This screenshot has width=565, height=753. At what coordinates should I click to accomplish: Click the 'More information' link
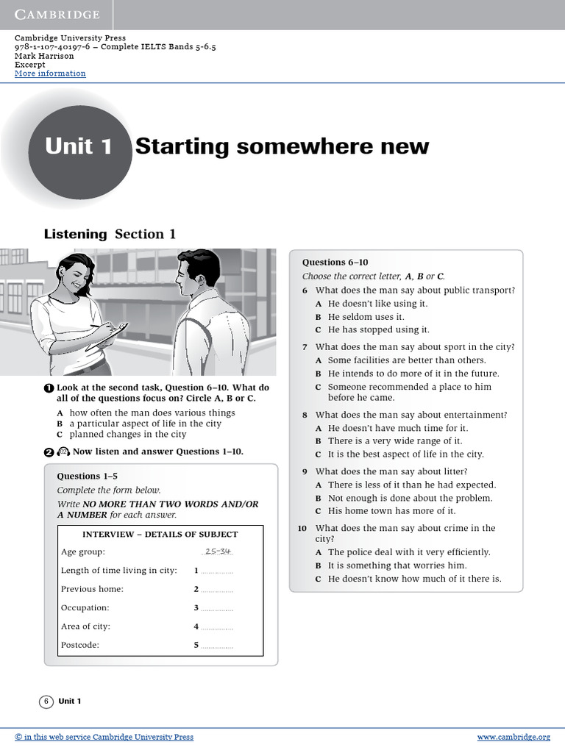[50, 74]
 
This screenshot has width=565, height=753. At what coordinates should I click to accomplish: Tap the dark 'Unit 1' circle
[78, 147]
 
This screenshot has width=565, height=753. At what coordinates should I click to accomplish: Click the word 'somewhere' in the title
[300, 146]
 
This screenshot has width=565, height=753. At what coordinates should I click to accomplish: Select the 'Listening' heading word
[75, 235]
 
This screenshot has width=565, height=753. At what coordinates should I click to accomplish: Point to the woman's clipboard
[108, 335]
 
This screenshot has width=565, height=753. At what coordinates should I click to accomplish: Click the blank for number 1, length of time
[217, 571]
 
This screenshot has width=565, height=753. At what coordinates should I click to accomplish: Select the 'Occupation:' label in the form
[85, 608]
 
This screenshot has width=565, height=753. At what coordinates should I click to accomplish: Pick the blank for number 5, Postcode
[217, 646]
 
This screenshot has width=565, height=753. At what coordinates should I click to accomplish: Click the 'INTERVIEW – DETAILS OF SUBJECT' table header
[160, 534]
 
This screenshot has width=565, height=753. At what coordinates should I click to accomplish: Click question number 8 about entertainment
[305, 415]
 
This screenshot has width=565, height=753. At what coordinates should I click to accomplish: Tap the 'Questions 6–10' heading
[335, 263]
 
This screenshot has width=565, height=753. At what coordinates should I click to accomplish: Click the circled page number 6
[46, 702]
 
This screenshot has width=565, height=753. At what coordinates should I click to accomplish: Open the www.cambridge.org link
[513, 737]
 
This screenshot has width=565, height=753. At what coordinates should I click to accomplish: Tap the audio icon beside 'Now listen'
[63, 452]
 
